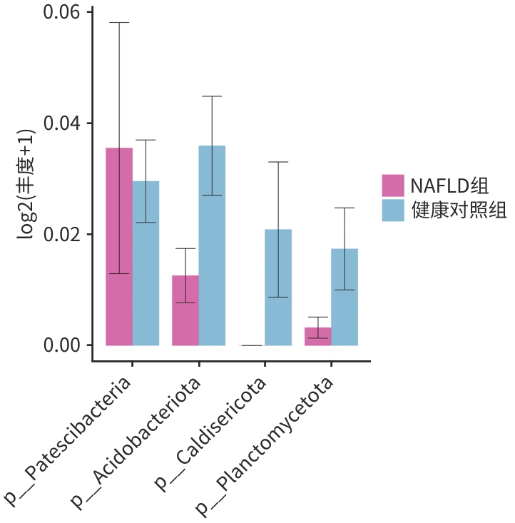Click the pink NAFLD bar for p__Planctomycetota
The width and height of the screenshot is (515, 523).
click(x=318, y=336)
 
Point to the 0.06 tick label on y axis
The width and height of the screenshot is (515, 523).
click(x=64, y=13)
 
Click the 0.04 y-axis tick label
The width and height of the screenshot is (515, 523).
click(x=64, y=123)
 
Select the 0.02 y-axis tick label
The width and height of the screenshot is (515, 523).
click(x=64, y=235)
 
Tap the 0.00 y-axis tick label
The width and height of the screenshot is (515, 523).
click(x=64, y=345)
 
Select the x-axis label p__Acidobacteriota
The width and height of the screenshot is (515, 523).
click(x=136, y=442)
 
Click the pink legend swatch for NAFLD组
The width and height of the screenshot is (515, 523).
click(x=393, y=186)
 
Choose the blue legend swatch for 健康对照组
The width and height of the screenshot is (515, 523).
click(x=393, y=210)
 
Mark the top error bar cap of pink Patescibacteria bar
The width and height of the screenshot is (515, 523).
click(x=119, y=23)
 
